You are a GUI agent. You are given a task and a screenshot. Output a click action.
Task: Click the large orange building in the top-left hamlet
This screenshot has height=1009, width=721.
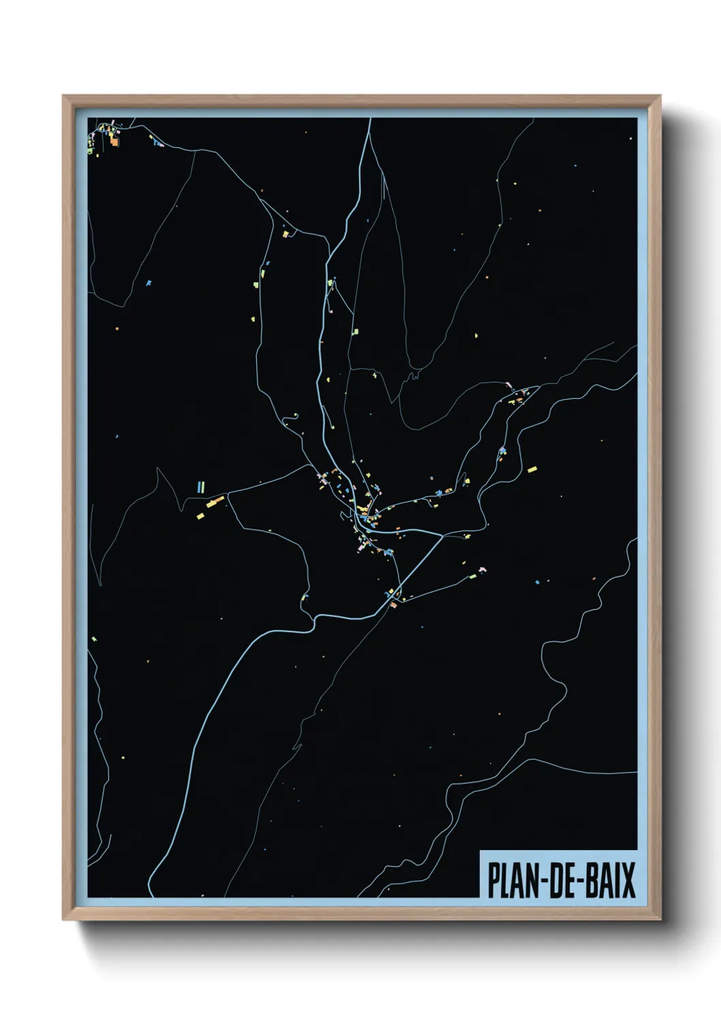pos(114,142)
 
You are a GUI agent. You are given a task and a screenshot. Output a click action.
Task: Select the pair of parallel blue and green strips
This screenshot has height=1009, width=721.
pos(200,487)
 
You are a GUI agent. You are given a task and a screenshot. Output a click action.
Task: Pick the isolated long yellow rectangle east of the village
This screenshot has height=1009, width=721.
pos(532,469)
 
